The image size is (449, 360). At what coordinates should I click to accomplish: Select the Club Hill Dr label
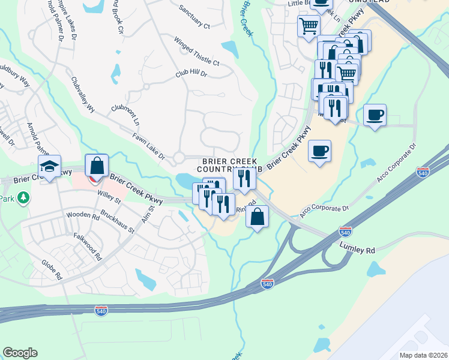point(191,74)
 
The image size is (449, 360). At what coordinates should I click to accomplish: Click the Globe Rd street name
point(52,269)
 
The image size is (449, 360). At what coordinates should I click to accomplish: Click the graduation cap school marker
point(49,167)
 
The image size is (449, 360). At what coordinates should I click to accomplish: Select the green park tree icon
point(23,197)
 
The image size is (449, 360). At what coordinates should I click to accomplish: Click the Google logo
point(20,353)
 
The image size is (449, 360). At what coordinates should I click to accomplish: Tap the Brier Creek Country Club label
point(229,166)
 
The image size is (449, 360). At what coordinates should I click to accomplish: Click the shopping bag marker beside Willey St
point(96,166)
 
